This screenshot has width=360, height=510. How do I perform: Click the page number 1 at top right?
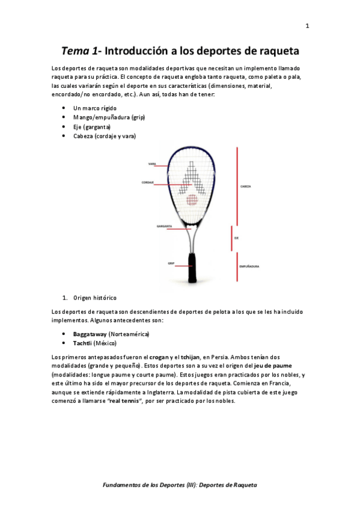pos(307,26)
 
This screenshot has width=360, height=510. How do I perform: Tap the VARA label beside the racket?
pos(153,164)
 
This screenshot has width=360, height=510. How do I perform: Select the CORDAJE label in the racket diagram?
pos(148,182)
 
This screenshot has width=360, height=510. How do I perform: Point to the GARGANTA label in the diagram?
pos(165,227)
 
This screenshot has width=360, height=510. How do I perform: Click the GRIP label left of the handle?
pos(171,263)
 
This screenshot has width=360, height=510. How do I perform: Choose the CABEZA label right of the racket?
pos(245,186)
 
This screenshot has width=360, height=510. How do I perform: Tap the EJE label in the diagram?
pos(237,238)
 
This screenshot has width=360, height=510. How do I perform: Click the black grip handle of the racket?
pos(192,268)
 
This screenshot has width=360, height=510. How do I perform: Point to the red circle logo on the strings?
pos(191,200)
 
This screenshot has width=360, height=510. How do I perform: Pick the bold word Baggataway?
pos(90,334)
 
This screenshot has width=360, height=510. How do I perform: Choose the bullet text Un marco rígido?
pos(94,108)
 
